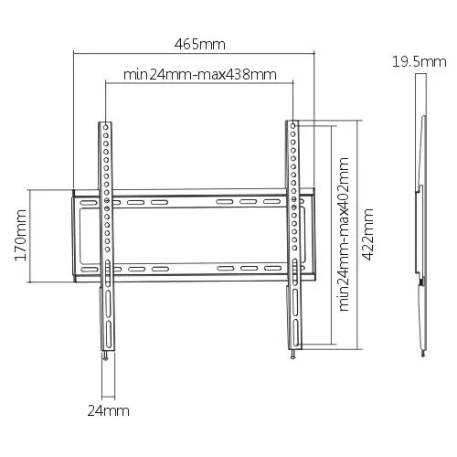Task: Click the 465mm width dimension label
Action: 200,44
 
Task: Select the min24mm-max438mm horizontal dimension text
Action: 199,73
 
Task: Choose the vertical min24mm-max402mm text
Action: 344,233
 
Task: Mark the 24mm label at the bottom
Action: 107,411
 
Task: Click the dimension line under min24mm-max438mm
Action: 199,85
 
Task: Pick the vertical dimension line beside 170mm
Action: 31,237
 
